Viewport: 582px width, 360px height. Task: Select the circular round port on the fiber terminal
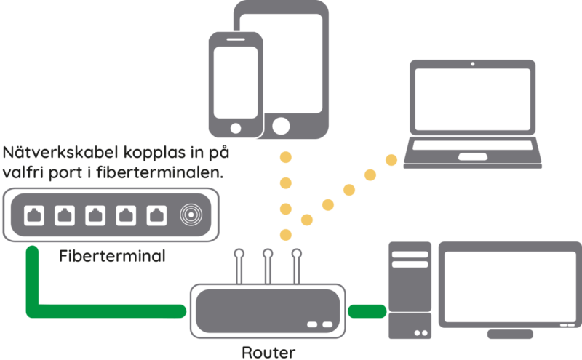(x=191, y=215)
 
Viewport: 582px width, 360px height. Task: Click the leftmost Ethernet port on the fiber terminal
(x=35, y=215)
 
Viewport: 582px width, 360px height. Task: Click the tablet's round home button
(x=279, y=125)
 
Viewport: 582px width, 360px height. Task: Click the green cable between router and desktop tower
(x=367, y=312)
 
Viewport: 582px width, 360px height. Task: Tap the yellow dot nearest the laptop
(x=394, y=159)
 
